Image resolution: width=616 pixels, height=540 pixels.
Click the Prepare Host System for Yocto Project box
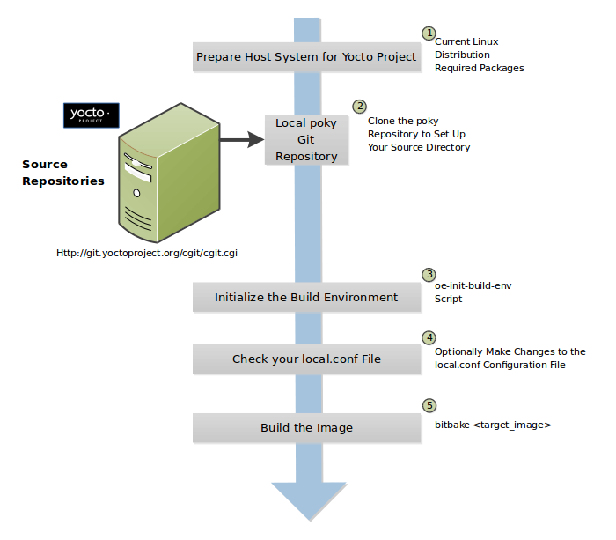(x=306, y=56)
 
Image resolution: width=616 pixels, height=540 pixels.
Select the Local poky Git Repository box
(x=305, y=139)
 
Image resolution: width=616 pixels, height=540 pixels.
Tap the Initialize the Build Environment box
(x=306, y=297)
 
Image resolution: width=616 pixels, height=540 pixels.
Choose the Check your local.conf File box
(x=306, y=359)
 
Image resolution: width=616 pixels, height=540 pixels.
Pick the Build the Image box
(x=306, y=427)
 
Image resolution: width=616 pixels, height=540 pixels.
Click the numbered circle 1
(x=429, y=33)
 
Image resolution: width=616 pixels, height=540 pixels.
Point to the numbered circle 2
(x=359, y=106)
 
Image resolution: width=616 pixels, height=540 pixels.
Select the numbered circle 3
(x=429, y=275)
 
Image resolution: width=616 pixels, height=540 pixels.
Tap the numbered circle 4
(x=429, y=337)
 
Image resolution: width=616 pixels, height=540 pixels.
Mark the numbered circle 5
(x=429, y=405)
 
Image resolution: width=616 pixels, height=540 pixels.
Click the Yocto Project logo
(x=91, y=115)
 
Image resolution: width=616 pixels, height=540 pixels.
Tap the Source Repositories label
(x=62, y=173)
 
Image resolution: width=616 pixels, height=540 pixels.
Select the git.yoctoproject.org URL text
(x=147, y=252)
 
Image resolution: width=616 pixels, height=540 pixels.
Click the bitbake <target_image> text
(x=493, y=425)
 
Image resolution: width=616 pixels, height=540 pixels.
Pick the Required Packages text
(x=479, y=68)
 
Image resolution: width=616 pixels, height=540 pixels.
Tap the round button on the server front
(x=136, y=192)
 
